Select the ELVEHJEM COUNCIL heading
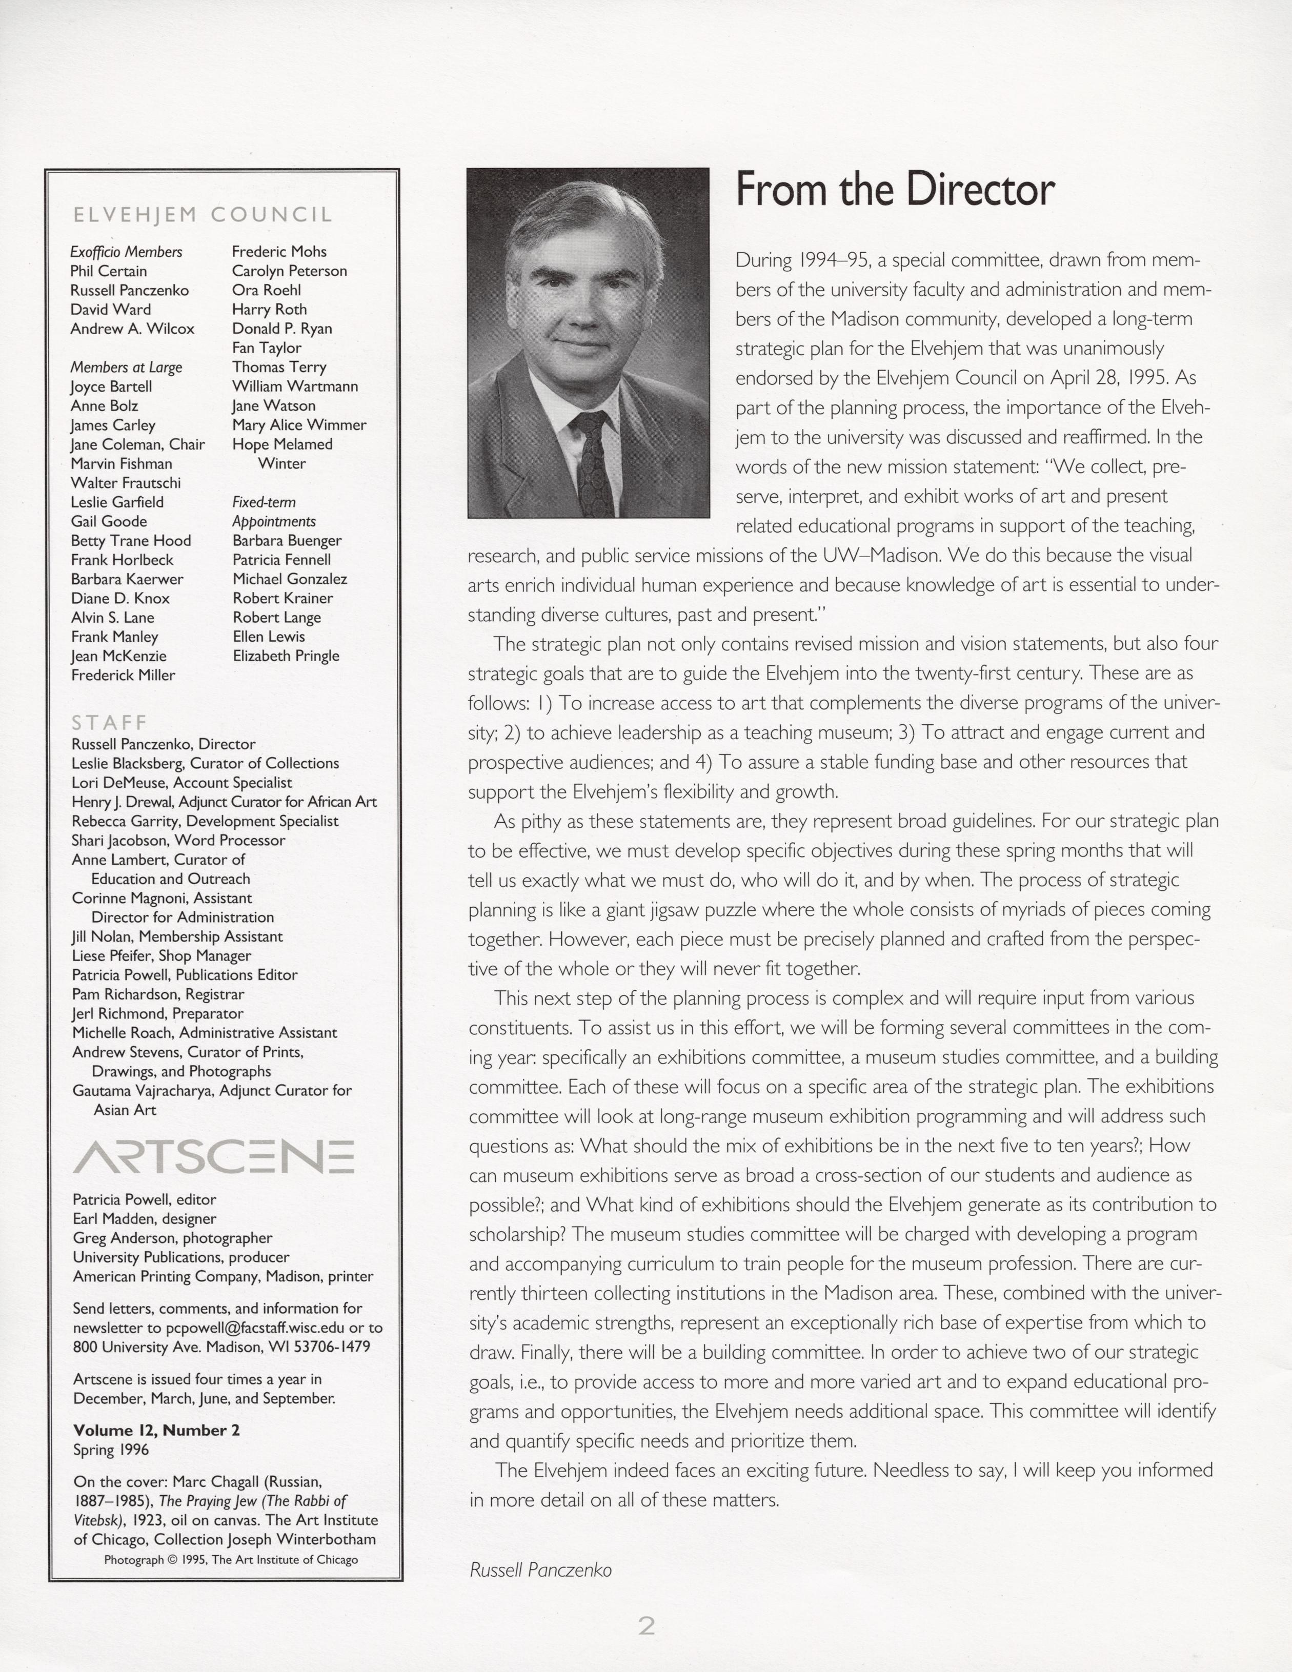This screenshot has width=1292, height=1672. point(202,215)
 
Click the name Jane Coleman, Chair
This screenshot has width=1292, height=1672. point(138,444)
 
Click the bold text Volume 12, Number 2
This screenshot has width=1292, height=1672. point(156,1430)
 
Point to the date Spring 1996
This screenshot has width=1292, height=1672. point(111,1449)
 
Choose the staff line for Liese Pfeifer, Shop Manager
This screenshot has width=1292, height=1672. point(161,955)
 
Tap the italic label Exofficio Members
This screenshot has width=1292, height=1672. point(126,252)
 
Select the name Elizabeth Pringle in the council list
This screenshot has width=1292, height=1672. point(286,656)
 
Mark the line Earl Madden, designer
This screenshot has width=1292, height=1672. point(145,1218)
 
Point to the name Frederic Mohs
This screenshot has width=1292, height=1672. point(279,252)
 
